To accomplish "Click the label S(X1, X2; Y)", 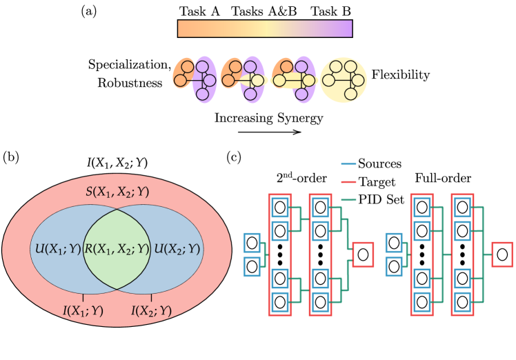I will tap(117, 192).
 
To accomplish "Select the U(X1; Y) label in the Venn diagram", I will tap(57, 249).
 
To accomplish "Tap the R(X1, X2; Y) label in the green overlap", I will tap(117, 249).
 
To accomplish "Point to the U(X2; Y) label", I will tap(177, 249).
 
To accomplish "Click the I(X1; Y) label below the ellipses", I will tap(83, 311).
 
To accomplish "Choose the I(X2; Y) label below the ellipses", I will tap(152, 311).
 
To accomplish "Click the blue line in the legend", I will tap(348, 164).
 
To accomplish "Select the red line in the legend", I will tap(348, 182).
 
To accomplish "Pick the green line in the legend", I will tap(348, 200).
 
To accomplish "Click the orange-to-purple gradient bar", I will tap(265, 28).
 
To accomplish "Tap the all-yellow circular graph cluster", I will tap(343, 80).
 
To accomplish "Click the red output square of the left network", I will tap(362, 254).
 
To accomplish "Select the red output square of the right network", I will tap(502, 254).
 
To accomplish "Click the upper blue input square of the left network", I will tap(252, 243).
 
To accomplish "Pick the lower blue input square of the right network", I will tap(393, 266).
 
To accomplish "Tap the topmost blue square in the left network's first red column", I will tap(279, 207).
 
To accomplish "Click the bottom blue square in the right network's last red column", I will tap(462, 301).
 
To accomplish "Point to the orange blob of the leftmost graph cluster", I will tap(182, 74).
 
